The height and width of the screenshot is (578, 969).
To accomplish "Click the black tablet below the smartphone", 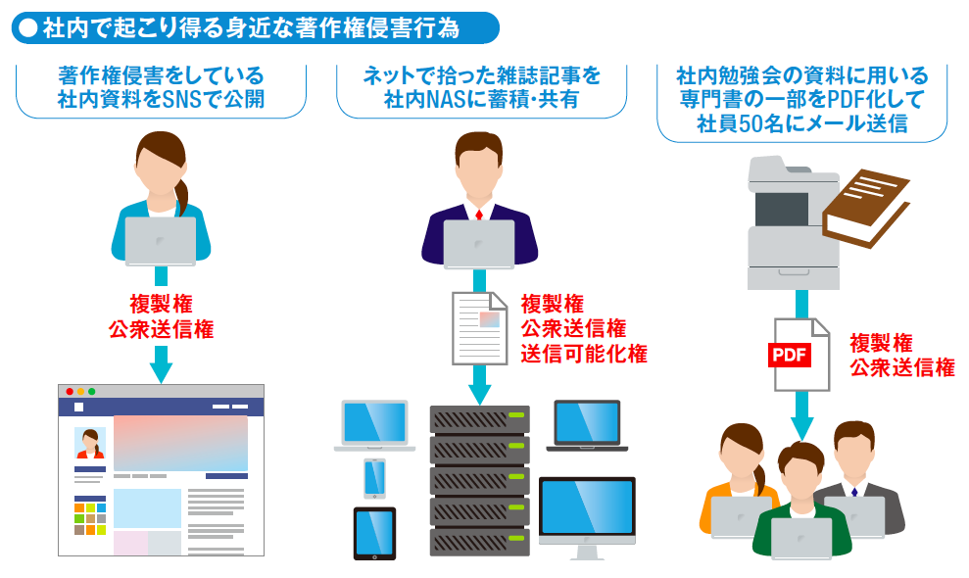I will (374, 533).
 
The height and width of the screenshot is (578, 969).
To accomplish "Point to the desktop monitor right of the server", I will (587, 511).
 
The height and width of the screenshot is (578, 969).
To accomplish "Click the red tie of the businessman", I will (479, 215).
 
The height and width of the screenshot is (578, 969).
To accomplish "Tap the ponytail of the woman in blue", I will (183, 189).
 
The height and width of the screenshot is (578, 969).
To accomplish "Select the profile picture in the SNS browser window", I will (90, 443).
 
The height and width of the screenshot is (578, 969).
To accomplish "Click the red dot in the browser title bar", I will (70, 391).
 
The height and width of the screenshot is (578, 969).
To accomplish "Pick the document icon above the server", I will (480, 324).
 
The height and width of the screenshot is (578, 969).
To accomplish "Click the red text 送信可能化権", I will (583, 354).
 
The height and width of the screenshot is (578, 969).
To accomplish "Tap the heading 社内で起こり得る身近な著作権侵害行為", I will (252, 27).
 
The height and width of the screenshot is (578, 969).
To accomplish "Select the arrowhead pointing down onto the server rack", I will (480, 392).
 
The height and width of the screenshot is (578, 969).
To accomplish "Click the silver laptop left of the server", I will (372, 424).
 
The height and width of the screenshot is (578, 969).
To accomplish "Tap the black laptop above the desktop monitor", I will (587, 425).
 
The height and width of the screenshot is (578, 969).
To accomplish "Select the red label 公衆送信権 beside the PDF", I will (901, 367).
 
